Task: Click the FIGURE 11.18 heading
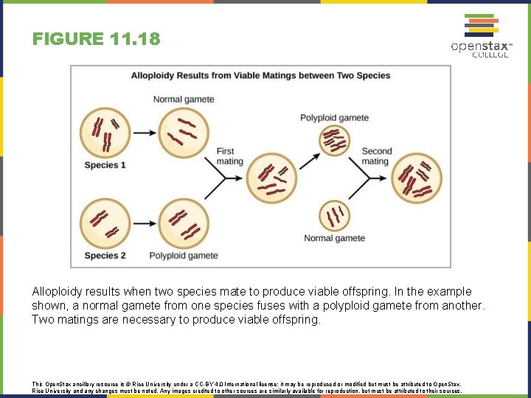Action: [x=96, y=38]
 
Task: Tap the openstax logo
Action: [x=481, y=37]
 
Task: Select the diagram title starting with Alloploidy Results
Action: [x=260, y=75]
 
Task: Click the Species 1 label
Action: [x=105, y=165]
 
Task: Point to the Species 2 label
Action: [x=105, y=256]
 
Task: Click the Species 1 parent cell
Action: [x=103, y=132]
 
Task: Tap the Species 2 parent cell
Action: [x=103, y=223]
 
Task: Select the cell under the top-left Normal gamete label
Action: [x=183, y=132]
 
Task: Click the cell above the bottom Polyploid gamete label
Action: [x=183, y=223]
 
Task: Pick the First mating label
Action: [x=229, y=156]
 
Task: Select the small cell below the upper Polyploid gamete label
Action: [x=334, y=140]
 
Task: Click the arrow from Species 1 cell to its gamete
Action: [x=143, y=133]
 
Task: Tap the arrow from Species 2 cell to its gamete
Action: [x=143, y=223]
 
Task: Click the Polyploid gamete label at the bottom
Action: [x=184, y=256]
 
